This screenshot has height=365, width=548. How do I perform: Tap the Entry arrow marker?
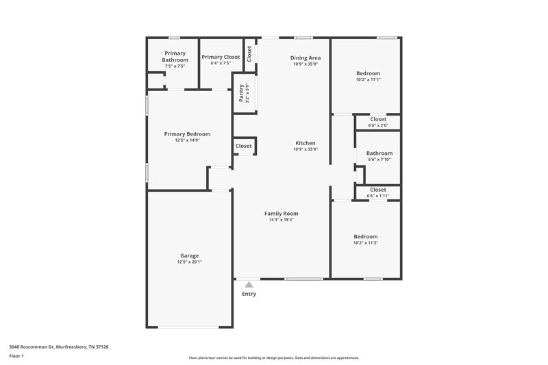(249, 284)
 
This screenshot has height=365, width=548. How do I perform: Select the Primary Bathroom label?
(175, 56)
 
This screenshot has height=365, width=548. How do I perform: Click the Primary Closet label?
(221, 57)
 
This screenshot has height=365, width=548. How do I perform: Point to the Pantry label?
(241, 93)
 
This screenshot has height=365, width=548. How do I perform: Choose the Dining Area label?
(306, 58)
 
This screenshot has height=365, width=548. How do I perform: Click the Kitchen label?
(305, 143)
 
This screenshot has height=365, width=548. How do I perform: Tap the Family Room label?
(282, 214)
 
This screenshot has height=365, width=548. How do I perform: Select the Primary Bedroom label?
(187, 134)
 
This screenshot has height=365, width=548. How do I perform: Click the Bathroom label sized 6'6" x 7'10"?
(379, 153)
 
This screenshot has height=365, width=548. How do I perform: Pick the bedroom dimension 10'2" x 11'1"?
(367, 79)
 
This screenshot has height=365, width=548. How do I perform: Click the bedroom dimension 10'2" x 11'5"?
(366, 243)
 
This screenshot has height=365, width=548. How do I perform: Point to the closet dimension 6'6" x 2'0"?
(378, 125)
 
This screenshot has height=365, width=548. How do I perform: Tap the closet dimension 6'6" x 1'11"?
(378, 196)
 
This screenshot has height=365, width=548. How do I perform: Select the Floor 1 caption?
(16, 356)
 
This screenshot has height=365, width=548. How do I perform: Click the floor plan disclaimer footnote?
(273, 357)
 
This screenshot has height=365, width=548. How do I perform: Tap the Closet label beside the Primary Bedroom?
(244, 146)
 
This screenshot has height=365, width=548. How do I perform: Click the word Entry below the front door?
(249, 294)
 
